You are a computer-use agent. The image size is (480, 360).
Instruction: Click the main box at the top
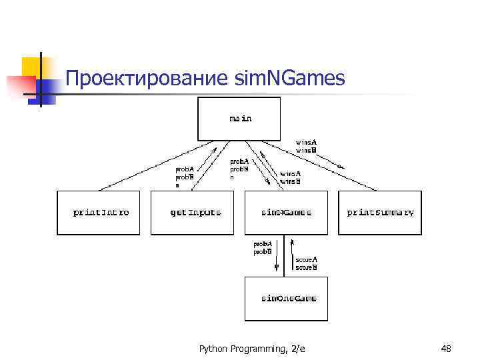(240, 119)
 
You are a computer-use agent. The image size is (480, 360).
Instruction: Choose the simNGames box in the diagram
(286, 213)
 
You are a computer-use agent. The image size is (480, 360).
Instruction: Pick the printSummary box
(380, 213)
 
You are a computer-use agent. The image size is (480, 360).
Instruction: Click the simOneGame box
(288, 298)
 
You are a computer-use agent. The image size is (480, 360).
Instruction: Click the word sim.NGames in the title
(290, 79)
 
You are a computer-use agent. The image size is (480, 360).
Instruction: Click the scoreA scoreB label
(306, 263)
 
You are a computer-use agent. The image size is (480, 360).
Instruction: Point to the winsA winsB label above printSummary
(307, 146)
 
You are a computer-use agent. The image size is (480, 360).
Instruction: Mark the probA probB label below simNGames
(261, 248)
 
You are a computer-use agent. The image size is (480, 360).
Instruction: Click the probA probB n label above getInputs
(185, 177)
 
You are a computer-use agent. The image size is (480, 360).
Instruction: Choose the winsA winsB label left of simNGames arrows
(290, 177)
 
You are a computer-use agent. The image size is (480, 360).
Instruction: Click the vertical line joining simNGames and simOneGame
(285, 255)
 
